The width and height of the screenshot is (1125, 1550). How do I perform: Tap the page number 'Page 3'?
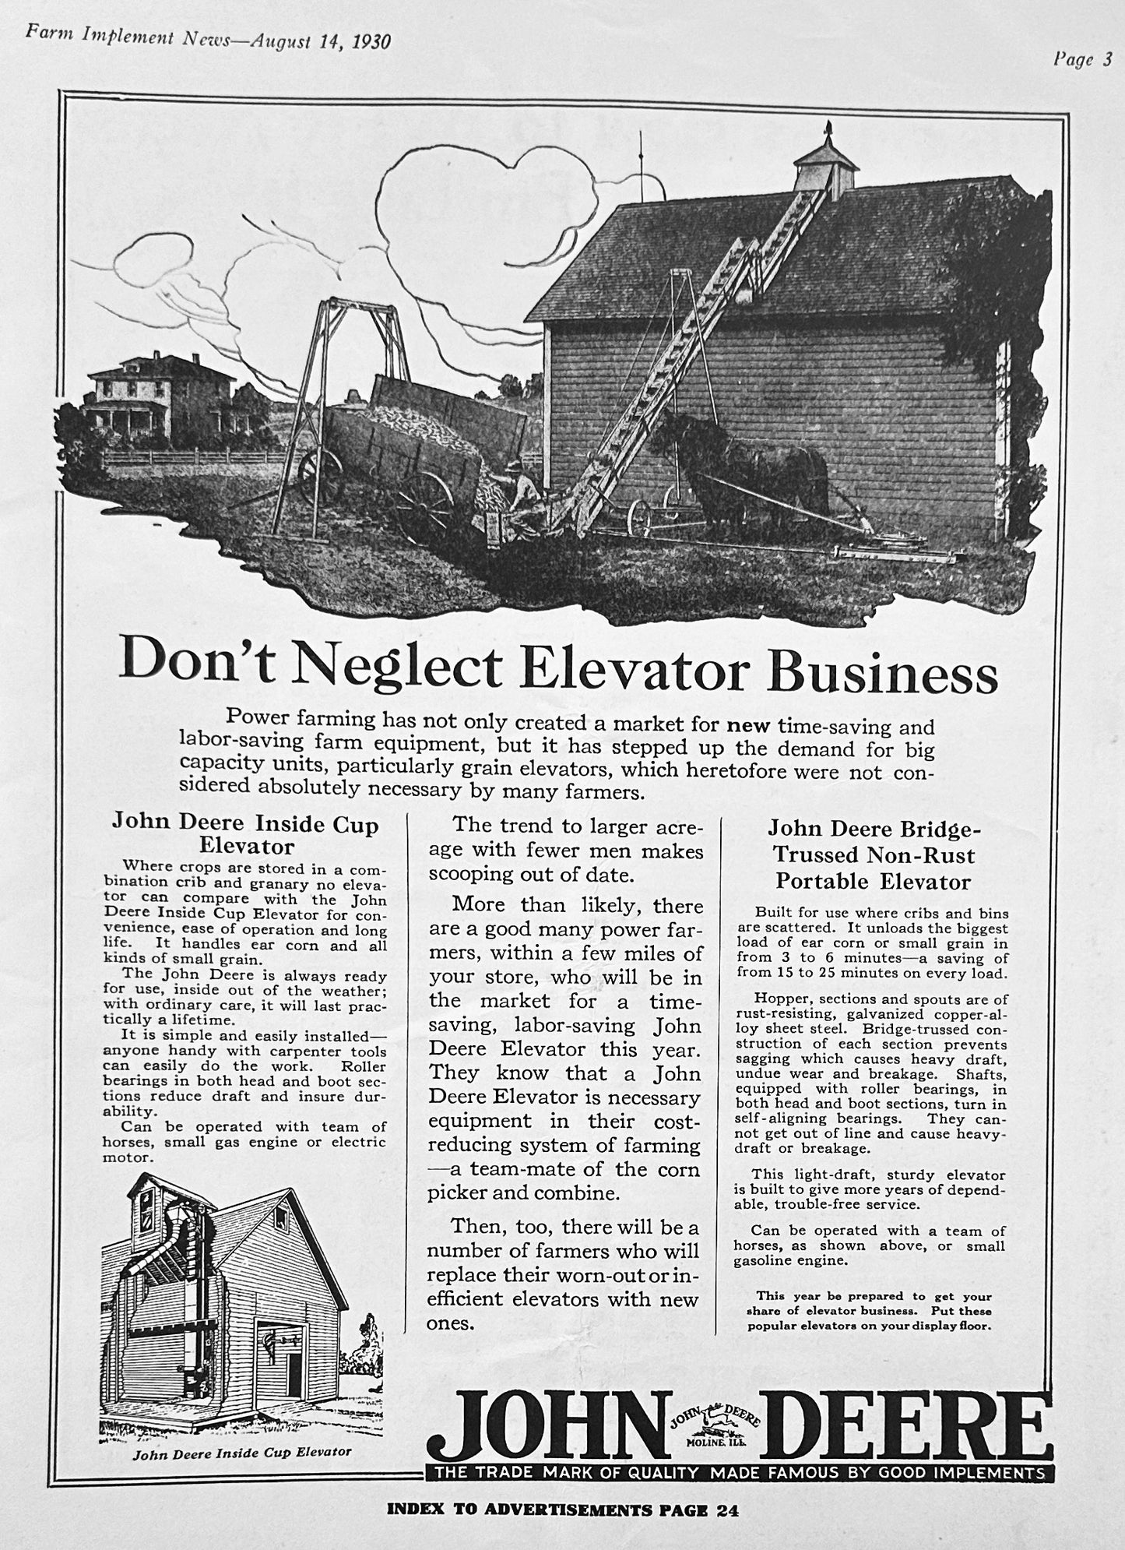point(1083,60)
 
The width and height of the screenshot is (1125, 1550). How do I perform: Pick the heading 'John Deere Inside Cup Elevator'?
point(245,834)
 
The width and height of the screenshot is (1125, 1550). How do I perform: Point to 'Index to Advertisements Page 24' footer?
point(562,1510)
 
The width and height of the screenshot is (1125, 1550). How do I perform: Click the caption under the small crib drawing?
point(242,1453)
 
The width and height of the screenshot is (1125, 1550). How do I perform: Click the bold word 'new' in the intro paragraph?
point(747,726)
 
